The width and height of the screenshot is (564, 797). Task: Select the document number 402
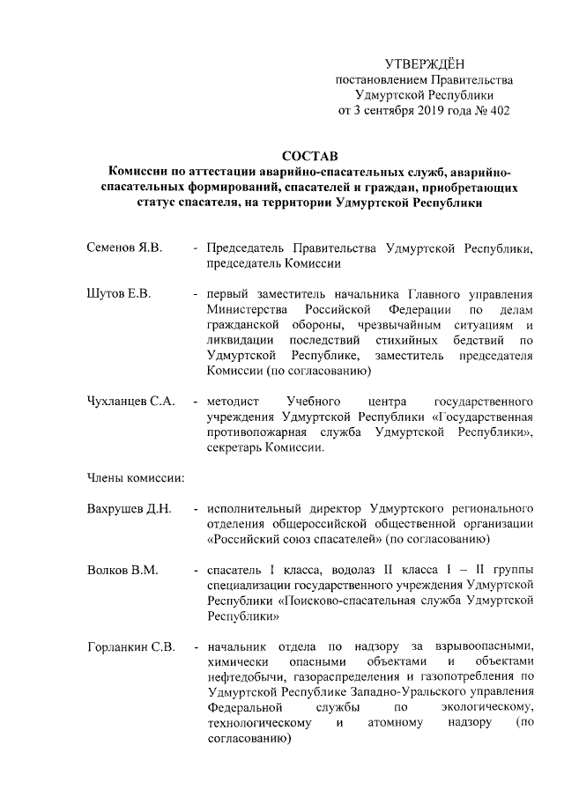(498, 110)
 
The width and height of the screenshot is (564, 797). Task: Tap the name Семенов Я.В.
(124, 247)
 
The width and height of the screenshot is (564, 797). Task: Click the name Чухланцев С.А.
(130, 401)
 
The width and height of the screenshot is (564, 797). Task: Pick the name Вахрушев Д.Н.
(129, 509)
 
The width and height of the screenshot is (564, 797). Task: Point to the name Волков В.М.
(122, 571)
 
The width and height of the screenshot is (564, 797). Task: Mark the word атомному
(397, 723)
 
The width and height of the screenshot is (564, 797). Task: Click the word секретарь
(237, 447)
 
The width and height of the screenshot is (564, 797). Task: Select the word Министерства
(249, 310)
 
